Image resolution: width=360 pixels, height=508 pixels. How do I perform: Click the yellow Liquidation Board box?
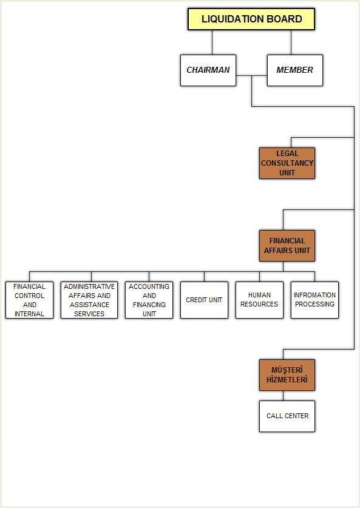click(x=251, y=19)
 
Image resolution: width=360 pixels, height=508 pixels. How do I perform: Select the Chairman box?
click(x=208, y=70)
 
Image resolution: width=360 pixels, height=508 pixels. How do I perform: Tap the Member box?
click(x=295, y=70)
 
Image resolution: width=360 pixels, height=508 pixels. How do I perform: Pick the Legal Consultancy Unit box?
click(x=287, y=163)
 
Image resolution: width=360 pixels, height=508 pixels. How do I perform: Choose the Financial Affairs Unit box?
click(x=287, y=246)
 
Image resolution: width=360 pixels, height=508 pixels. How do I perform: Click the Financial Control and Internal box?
click(x=30, y=300)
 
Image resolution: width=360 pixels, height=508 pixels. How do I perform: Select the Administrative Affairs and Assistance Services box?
click(x=89, y=300)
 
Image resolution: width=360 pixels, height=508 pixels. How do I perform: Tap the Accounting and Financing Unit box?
click(x=149, y=300)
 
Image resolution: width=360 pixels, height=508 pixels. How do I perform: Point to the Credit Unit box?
click(x=204, y=300)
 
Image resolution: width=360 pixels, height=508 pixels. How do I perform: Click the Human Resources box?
click(x=259, y=300)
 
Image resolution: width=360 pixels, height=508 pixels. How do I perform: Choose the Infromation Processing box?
click(x=314, y=300)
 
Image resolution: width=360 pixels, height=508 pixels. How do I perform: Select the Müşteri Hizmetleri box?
click(x=287, y=375)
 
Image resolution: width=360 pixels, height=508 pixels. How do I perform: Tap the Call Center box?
click(x=287, y=416)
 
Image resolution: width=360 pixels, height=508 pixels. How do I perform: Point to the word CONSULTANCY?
click(x=287, y=163)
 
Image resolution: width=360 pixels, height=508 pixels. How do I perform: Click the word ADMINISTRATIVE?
click(x=89, y=286)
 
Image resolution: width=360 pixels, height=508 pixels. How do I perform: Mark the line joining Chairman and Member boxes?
click(x=252, y=76)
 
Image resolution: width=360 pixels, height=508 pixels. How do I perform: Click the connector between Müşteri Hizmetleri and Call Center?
click(x=284, y=396)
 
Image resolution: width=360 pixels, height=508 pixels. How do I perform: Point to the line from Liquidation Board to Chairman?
click(x=212, y=42)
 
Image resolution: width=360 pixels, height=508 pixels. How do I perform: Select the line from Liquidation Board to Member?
click(x=291, y=42)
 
